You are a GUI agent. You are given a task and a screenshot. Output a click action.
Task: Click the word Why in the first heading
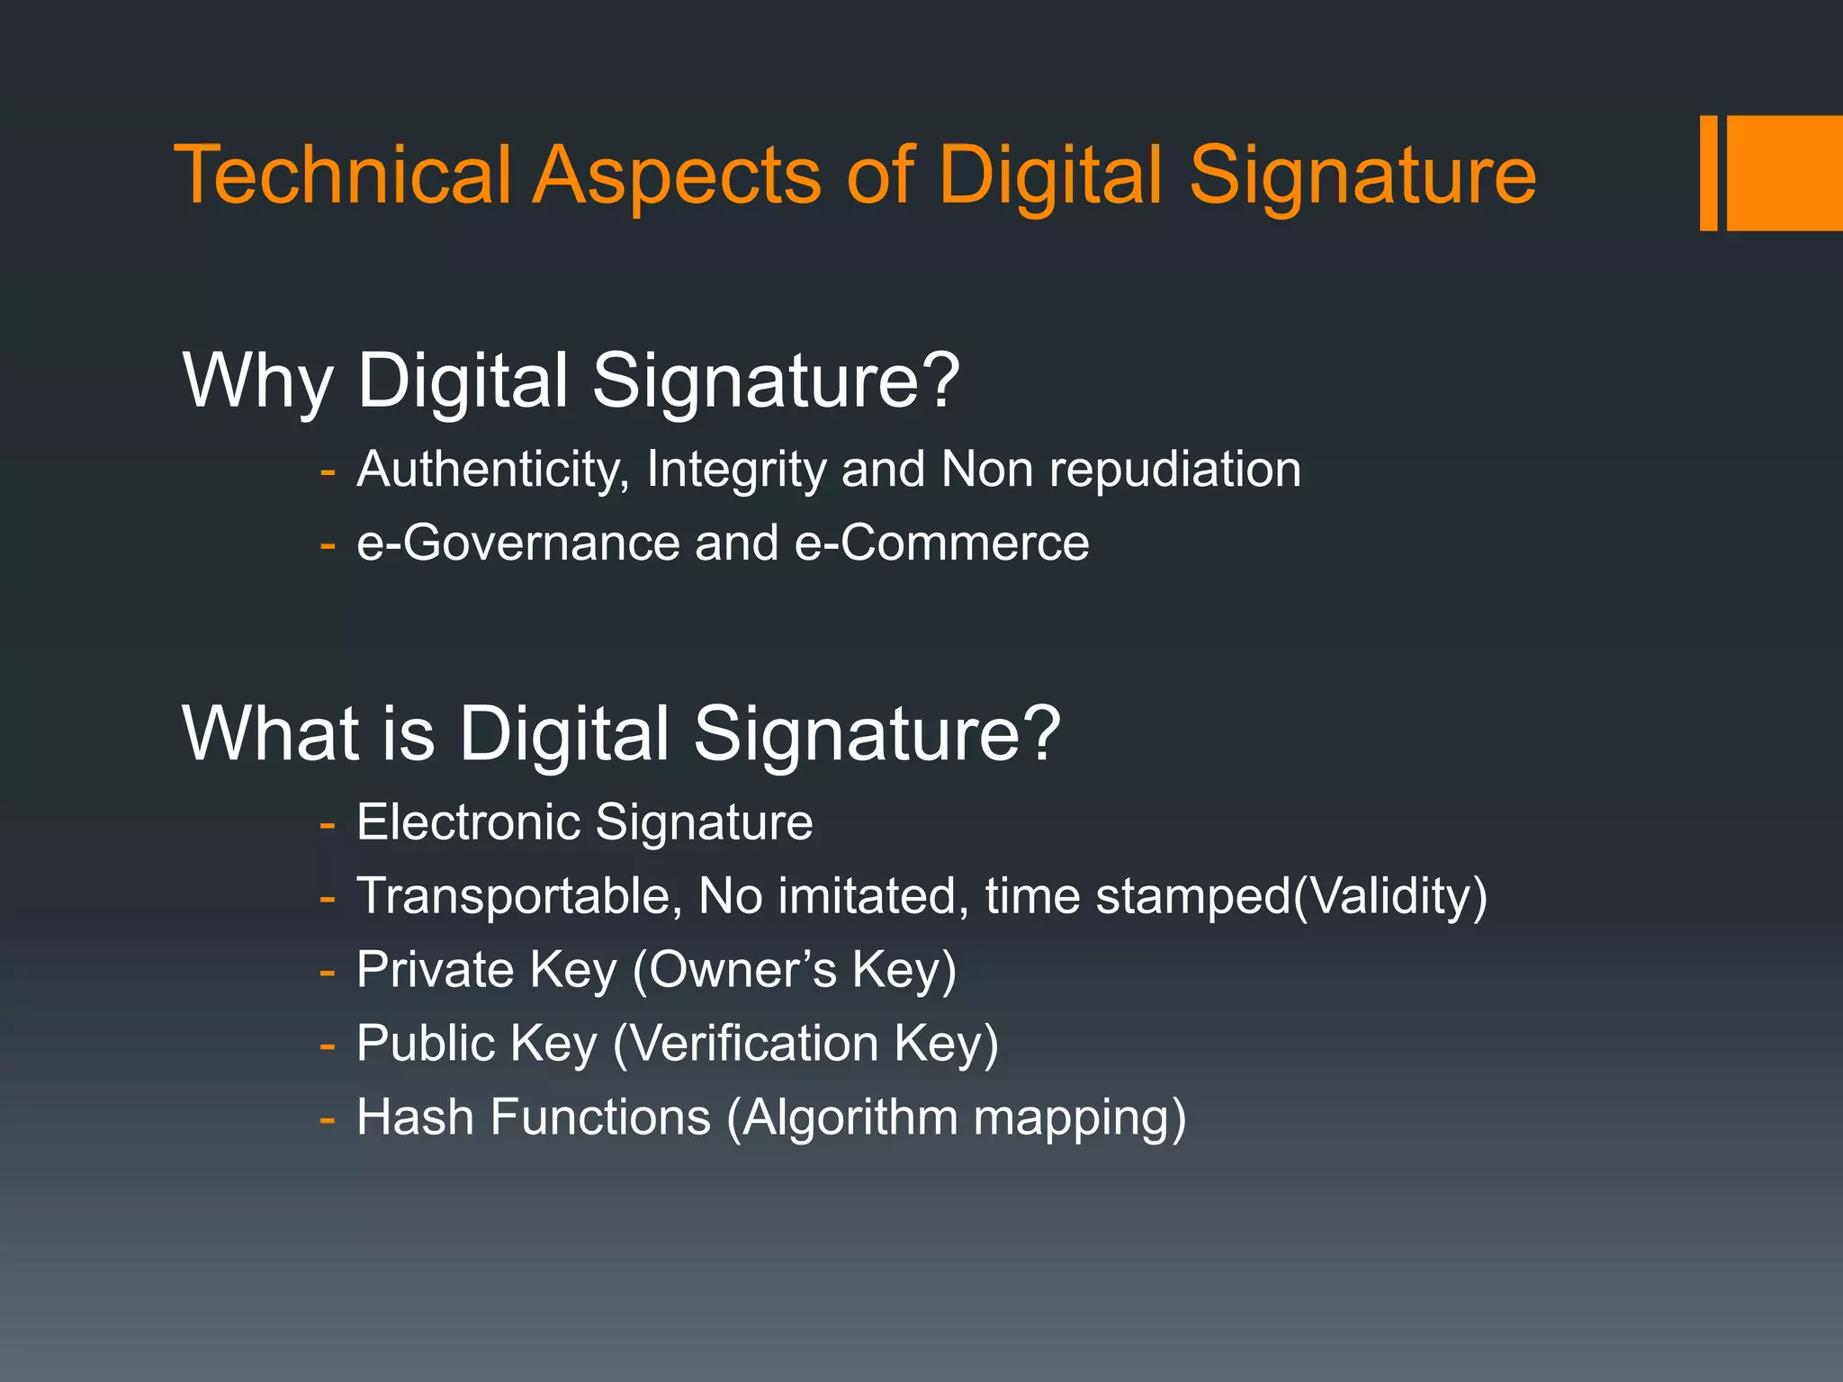pos(257,381)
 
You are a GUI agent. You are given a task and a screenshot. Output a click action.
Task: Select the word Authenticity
pos(491,471)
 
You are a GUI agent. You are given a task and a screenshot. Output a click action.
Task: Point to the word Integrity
pos(733,471)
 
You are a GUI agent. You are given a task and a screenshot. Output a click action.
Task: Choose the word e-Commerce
pos(942,543)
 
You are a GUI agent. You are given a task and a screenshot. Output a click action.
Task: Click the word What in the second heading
pos(271,734)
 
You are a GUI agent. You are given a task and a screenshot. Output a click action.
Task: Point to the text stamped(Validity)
pos(1290,897)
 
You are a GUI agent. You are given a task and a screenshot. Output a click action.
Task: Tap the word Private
pos(435,970)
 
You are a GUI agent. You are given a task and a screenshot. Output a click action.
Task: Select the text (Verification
pos(745,1045)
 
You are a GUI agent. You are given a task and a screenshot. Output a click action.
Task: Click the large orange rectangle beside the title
pos(1784,173)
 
